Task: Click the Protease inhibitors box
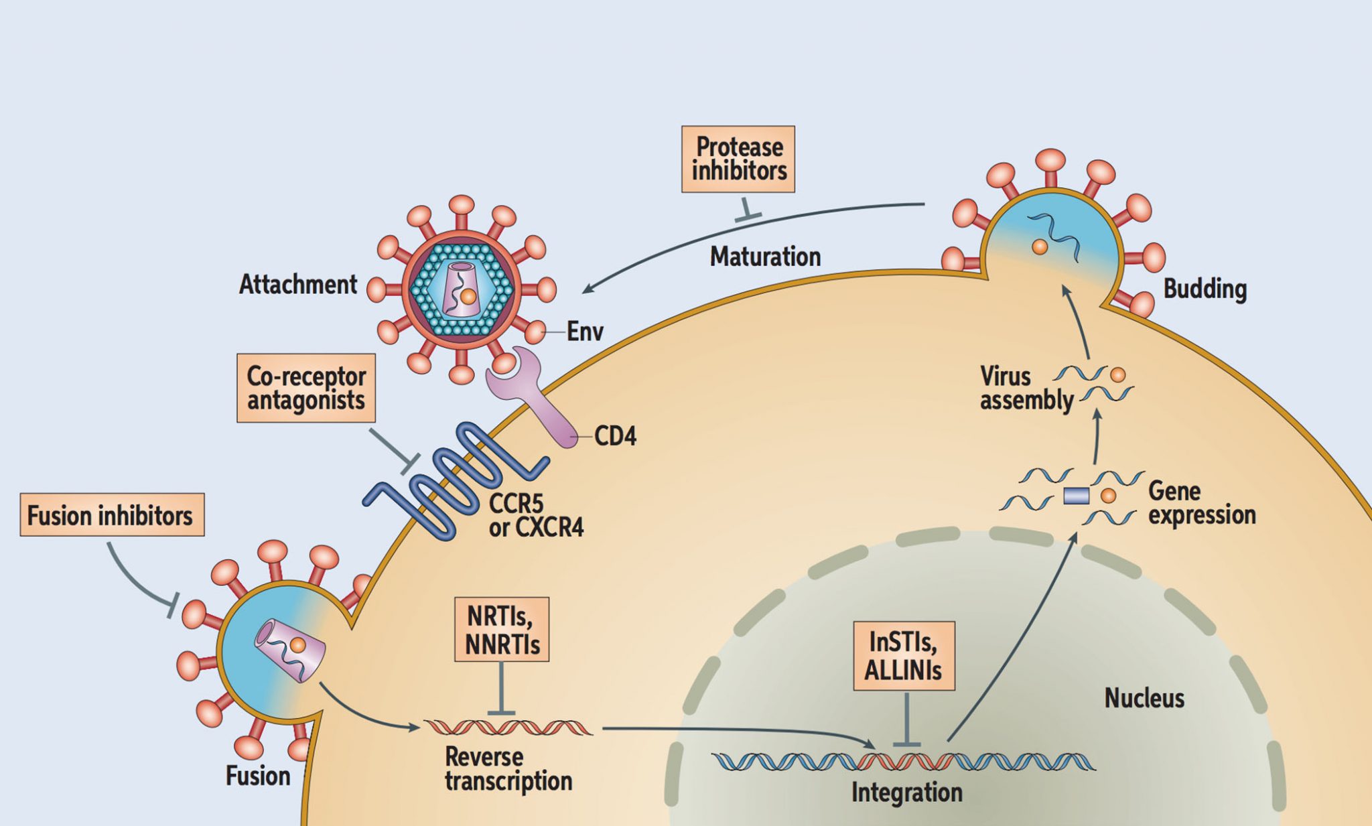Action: pyautogui.click(x=738, y=159)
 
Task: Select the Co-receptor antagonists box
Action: pyautogui.click(x=306, y=388)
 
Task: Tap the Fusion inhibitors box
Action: pyautogui.click(x=112, y=515)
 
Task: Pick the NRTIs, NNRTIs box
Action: pyautogui.click(x=502, y=630)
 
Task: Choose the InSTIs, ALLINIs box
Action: pyautogui.click(x=904, y=656)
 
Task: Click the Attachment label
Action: pyautogui.click(x=298, y=285)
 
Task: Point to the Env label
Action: pyautogui.click(x=585, y=332)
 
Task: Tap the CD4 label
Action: pyautogui.click(x=615, y=437)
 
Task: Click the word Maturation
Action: pyautogui.click(x=765, y=257)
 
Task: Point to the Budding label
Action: pyautogui.click(x=1205, y=289)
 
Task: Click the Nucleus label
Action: pyautogui.click(x=1144, y=699)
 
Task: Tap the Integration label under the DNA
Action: pyautogui.click(x=906, y=793)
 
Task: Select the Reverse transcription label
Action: pyautogui.click(x=508, y=769)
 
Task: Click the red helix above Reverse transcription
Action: pyautogui.click(x=508, y=728)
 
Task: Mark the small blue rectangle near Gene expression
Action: pyautogui.click(x=1076, y=496)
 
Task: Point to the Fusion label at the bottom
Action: pyautogui.click(x=258, y=776)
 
